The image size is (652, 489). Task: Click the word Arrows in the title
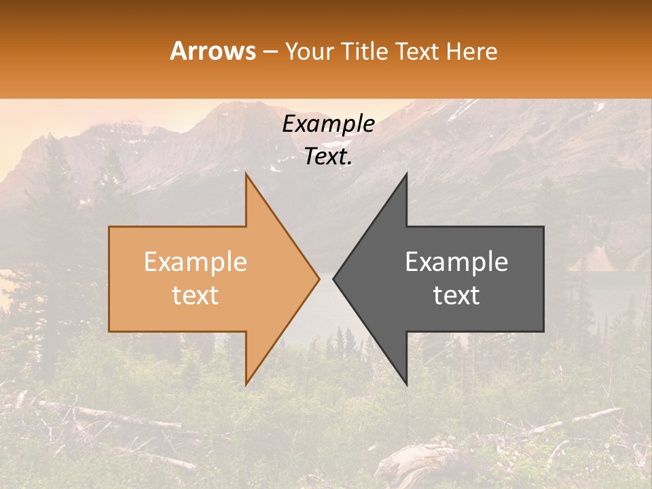coord(213,52)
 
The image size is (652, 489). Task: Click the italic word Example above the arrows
coord(329,124)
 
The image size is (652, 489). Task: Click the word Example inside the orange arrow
coord(196,262)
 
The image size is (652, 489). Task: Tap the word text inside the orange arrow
coord(196,295)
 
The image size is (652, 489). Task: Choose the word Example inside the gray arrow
coord(456,262)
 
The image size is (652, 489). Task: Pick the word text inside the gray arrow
coord(456,295)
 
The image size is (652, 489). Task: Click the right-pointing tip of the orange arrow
coord(319,279)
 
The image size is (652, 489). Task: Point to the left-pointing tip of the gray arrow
coord(333,279)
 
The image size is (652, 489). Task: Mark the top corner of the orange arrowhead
coord(247,175)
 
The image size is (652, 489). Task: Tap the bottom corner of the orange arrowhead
coord(247,384)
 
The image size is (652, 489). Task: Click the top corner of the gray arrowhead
coord(406,175)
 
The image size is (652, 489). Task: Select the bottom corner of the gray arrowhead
coord(406,384)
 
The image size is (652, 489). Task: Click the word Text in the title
coord(419,52)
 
